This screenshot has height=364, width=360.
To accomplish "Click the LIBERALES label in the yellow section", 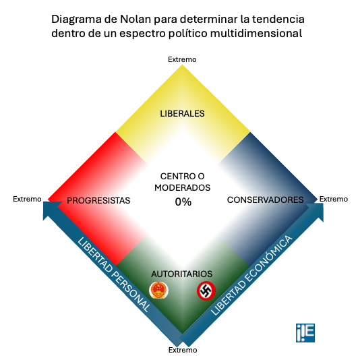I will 182,113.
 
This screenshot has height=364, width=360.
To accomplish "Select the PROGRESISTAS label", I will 98,200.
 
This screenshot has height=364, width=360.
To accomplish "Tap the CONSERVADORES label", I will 265,200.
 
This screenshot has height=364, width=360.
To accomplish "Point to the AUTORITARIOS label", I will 182,274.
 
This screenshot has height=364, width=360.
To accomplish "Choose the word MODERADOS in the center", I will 182,188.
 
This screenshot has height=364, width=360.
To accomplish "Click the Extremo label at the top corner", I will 182,60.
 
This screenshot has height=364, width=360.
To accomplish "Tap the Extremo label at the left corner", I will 28,200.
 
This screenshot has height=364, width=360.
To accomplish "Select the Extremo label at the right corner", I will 333,199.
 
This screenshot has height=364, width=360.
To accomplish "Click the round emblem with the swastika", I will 206,291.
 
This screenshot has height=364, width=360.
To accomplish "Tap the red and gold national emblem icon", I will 158,291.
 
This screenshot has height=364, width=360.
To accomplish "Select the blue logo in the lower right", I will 305,332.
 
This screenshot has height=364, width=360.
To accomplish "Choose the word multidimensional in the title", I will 257,33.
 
